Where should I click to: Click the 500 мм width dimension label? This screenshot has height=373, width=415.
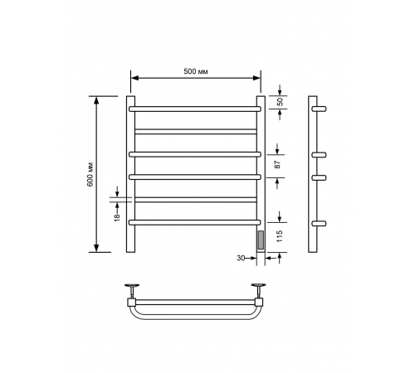[196, 71]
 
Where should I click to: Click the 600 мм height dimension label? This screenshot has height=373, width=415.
[90, 174]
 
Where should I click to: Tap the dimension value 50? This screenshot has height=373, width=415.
[281, 102]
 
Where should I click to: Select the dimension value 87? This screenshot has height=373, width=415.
[278, 164]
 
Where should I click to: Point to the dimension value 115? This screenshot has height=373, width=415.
[280, 236]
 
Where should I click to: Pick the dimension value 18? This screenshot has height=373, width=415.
[117, 216]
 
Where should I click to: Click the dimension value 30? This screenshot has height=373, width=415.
[241, 258]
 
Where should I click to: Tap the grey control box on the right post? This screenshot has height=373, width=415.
[261, 240]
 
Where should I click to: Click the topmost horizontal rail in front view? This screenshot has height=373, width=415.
[195, 109]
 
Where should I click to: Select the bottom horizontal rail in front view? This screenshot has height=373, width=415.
[195, 222]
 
